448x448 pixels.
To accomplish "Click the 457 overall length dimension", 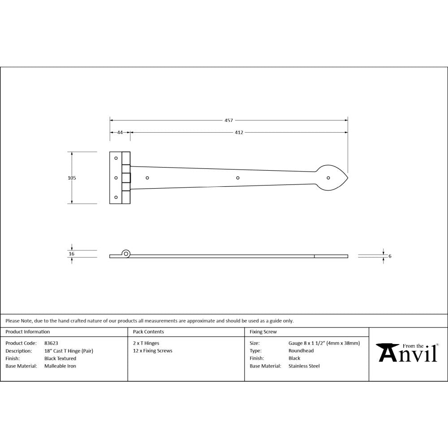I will point(228,120).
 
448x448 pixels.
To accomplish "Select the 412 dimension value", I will point(239,133).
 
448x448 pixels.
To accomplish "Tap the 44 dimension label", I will point(120,133).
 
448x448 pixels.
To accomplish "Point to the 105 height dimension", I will point(72,178).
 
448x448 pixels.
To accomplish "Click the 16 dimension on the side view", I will point(72,254).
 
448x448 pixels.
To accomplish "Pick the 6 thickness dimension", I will point(390,256).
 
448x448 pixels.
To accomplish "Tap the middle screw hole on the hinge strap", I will point(238,178).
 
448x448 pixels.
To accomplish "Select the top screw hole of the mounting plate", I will point(116,158).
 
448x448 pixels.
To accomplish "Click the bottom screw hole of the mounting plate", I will point(116,197).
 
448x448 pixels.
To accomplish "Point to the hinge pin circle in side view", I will point(127,254).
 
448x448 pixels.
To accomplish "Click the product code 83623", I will point(51,343).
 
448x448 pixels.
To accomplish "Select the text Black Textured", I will point(60,358).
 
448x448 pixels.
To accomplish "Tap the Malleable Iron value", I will point(60,366).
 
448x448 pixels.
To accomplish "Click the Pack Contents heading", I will point(148,332).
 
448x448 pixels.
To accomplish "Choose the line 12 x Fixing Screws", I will point(152,351).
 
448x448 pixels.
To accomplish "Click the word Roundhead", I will point(301,351).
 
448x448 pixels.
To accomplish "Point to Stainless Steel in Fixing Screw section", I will point(304,366).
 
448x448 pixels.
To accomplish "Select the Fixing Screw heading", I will point(263,332).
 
